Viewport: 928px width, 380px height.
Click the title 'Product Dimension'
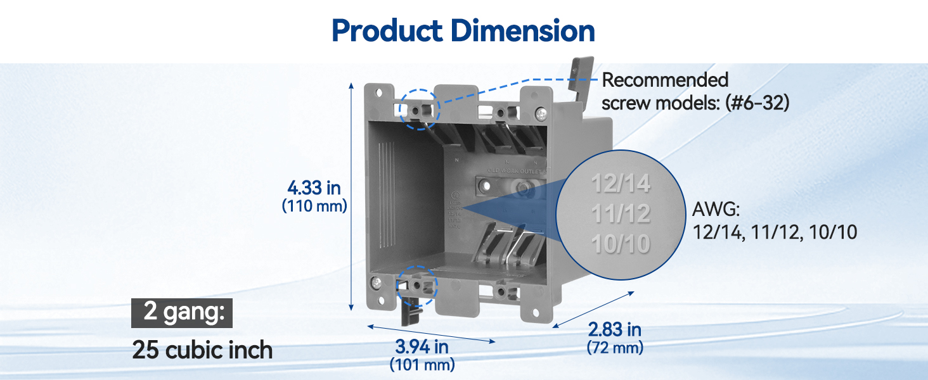coord(463,30)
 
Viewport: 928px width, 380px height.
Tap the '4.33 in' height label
coord(314,187)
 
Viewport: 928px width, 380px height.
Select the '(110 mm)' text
coord(314,206)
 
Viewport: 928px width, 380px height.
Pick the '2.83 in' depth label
coord(614,329)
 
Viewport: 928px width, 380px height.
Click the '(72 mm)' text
coord(614,347)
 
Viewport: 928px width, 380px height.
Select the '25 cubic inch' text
coord(202,350)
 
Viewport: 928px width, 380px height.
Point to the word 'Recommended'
coord(664,80)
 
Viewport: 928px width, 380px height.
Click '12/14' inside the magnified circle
coord(621,184)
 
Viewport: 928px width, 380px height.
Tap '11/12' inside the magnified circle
coord(621,214)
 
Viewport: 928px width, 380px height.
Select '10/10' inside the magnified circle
coord(621,244)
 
